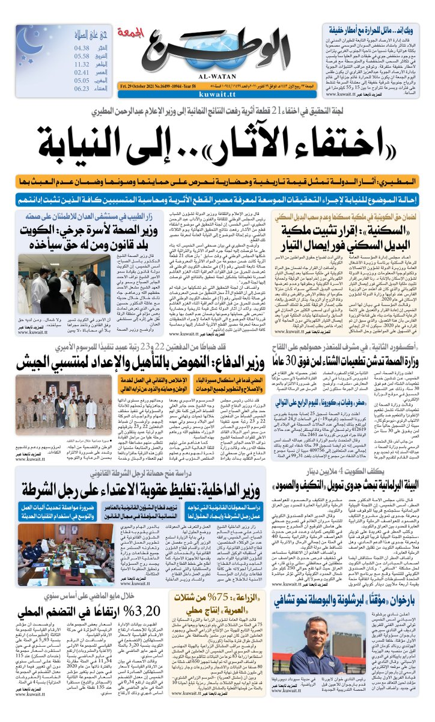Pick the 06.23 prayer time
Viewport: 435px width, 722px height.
[82, 88]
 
